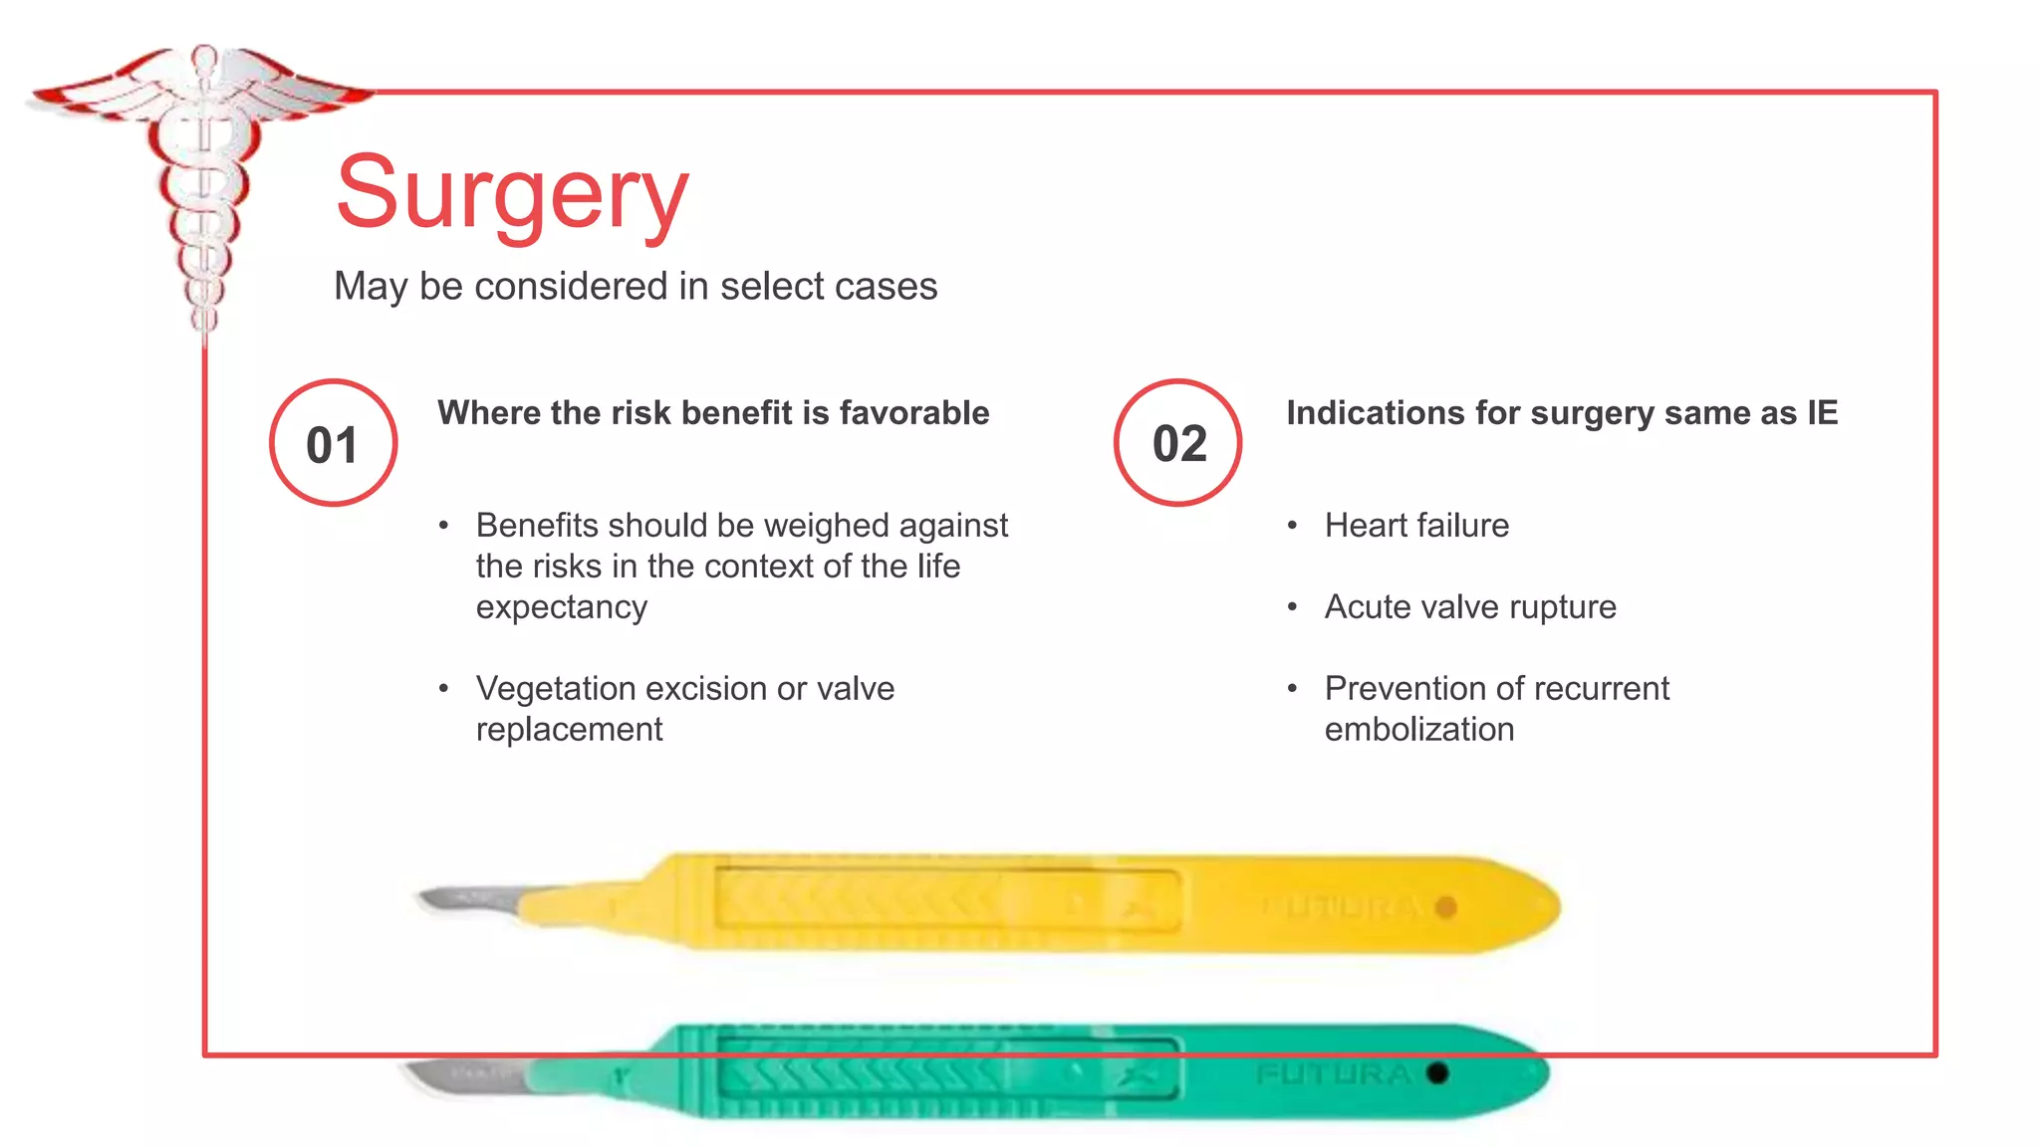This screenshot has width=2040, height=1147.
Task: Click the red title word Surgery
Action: (512, 193)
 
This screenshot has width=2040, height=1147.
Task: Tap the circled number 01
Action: (333, 444)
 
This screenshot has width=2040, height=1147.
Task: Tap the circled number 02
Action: (1178, 443)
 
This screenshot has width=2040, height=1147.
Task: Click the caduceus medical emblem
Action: (204, 179)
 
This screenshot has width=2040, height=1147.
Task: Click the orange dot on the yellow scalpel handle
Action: (1446, 907)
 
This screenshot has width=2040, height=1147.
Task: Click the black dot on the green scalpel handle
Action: (1436, 1073)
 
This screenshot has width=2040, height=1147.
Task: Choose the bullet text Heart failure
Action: (1416, 526)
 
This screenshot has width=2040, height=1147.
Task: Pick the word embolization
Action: (1418, 730)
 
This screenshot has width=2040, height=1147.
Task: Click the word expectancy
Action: (561, 607)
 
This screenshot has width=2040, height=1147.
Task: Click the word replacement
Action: (569, 730)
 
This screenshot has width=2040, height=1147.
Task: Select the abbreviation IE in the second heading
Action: (1822, 413)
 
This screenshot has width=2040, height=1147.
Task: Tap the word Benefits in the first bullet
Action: (537, 526)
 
